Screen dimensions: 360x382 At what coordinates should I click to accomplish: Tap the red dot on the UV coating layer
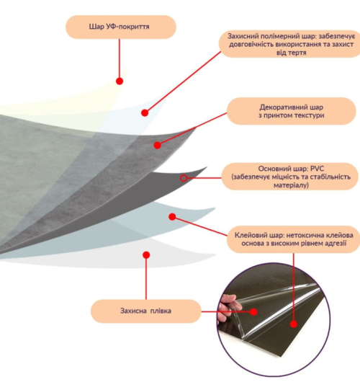(x=120, y=81)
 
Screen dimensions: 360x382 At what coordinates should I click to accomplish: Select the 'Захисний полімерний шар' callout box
(x=289, y=44)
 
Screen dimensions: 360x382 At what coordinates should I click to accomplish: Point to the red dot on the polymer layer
(x=145, y=112)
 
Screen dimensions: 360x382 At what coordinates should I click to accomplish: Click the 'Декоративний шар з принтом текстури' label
(x=292, y=111)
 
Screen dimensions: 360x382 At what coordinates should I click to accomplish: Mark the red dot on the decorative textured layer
(x=158, y=145)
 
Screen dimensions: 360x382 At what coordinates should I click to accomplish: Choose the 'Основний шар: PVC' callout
(x=291, y=177)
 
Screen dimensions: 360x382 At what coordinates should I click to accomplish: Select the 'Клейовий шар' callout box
(x=293, y=239)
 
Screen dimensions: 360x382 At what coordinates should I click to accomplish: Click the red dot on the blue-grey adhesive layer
(x=172, y=216)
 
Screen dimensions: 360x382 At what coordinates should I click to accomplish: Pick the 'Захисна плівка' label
(x=146, y=311)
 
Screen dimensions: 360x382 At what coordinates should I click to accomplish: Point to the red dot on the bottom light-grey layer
(x=146, y=255)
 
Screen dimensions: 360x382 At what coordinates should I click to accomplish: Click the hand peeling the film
(x=228, y=308)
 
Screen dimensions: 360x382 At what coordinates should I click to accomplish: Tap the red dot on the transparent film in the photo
(x=254, y=311)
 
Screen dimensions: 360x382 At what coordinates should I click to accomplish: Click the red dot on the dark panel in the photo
(x=294, y=324)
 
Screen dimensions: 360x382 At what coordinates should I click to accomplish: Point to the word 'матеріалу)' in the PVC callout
(x=291, y=185)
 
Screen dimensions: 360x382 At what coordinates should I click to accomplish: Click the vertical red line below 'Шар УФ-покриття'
(x=120, y=58)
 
